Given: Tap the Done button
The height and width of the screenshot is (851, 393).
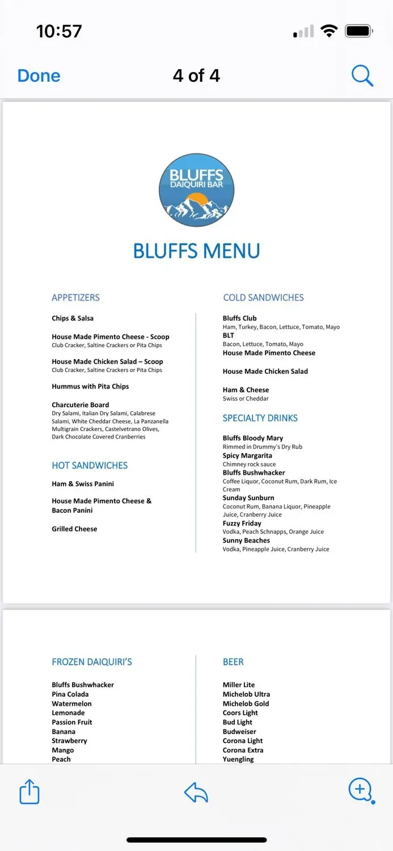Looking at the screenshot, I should tap(39, 76).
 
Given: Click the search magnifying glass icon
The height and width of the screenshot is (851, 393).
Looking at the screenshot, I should tap(362, 75).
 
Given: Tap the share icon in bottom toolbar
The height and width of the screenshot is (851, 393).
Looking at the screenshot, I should tap(29, 791).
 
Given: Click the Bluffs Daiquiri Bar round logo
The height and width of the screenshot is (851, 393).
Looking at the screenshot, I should tap(196, 190).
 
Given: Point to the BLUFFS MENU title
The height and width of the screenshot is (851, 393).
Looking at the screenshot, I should tap(196, 251).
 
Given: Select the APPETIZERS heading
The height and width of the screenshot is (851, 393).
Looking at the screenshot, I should tap(75, 297).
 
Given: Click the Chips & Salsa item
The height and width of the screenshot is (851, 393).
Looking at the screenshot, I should tap(73, 318).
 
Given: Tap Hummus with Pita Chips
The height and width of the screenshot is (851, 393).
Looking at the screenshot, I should tap(90, 386).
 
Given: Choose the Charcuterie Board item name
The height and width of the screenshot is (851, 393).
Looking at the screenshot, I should tap(80, 405).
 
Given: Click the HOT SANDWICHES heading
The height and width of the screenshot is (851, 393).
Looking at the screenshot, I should tap(90, 465).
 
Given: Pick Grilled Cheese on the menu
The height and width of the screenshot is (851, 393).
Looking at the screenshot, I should tap(74, 529).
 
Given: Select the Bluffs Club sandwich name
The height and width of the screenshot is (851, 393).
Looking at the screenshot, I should tap(239, 318).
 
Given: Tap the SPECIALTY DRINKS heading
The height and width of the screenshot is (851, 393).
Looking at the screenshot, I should tap(260, 418).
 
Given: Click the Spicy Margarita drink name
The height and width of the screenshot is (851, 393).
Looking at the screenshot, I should tap(247, 456).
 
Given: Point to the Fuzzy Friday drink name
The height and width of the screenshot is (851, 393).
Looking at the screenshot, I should tap(242, 523).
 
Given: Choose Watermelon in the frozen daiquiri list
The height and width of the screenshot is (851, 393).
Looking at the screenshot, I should tap(71, 703).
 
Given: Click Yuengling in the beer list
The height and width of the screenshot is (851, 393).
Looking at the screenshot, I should tap(238, 759).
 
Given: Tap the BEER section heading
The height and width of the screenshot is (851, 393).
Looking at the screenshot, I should tap(233, 662).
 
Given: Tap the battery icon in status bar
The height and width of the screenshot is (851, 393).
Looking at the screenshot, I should tap(358, 31).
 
